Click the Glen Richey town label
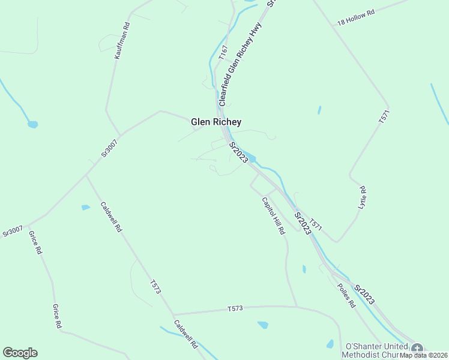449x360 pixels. click(x=216, y=122)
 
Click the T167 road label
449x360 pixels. click(x=223, y=53)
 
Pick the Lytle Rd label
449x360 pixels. click(x=362, y=197)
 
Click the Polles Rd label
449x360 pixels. click(x=346, y=296)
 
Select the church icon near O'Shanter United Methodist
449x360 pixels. click(x=417, y=349)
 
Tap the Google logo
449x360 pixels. click(x=20, y=353)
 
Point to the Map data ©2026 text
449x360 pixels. click(x=424, y=355)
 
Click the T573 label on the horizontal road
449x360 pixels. click(x=235, y=308)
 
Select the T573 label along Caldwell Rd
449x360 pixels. click(x=155, y=287)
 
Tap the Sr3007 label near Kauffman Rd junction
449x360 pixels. click(x=109, y=148)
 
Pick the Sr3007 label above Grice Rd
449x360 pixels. click(x=13, y=230)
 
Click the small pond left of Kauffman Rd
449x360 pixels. click(x=33, y=125)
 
